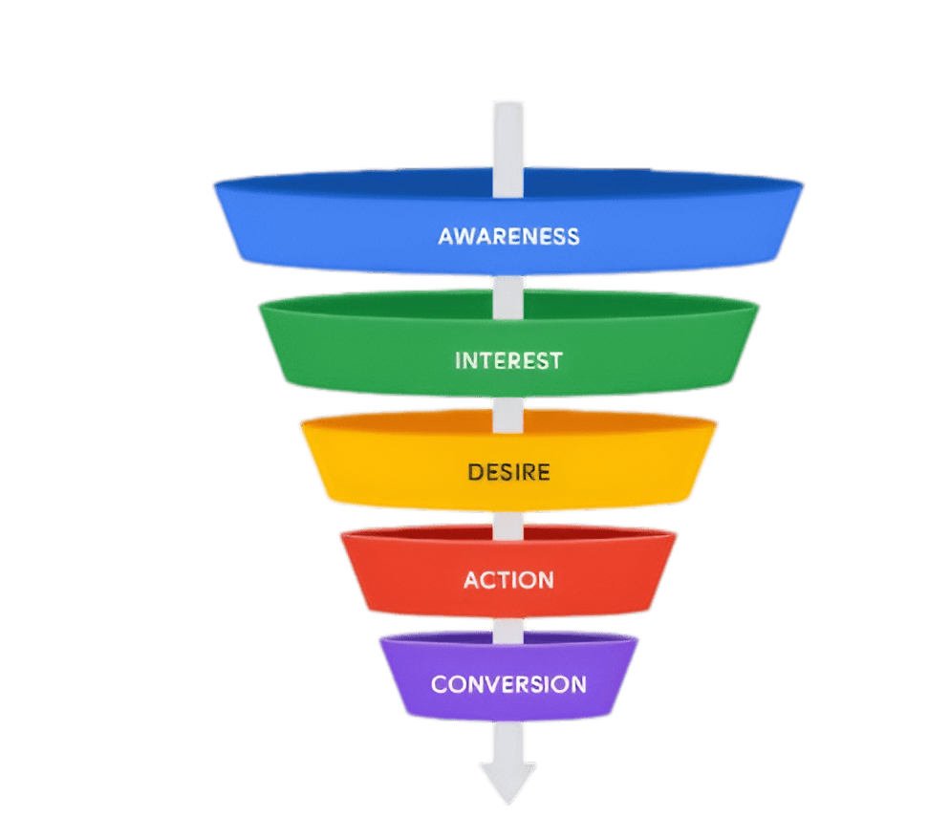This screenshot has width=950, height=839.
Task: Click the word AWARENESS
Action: point(508,235)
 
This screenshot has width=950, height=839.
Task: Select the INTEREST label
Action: point(508,361)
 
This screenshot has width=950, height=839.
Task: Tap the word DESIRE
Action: point(508,472)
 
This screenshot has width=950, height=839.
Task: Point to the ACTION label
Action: point(508,580)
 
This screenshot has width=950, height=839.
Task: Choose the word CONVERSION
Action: point(508,684)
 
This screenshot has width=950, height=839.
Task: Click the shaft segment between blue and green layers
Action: point(507,292)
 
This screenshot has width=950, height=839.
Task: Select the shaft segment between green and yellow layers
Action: point(507,411)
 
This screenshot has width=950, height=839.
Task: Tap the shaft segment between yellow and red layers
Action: point(507,522)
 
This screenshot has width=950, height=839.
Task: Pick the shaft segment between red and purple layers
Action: point(507,627)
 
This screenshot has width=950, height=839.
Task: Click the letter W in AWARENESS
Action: point(463,235)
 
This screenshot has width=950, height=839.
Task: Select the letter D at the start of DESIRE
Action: point(475,472)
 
